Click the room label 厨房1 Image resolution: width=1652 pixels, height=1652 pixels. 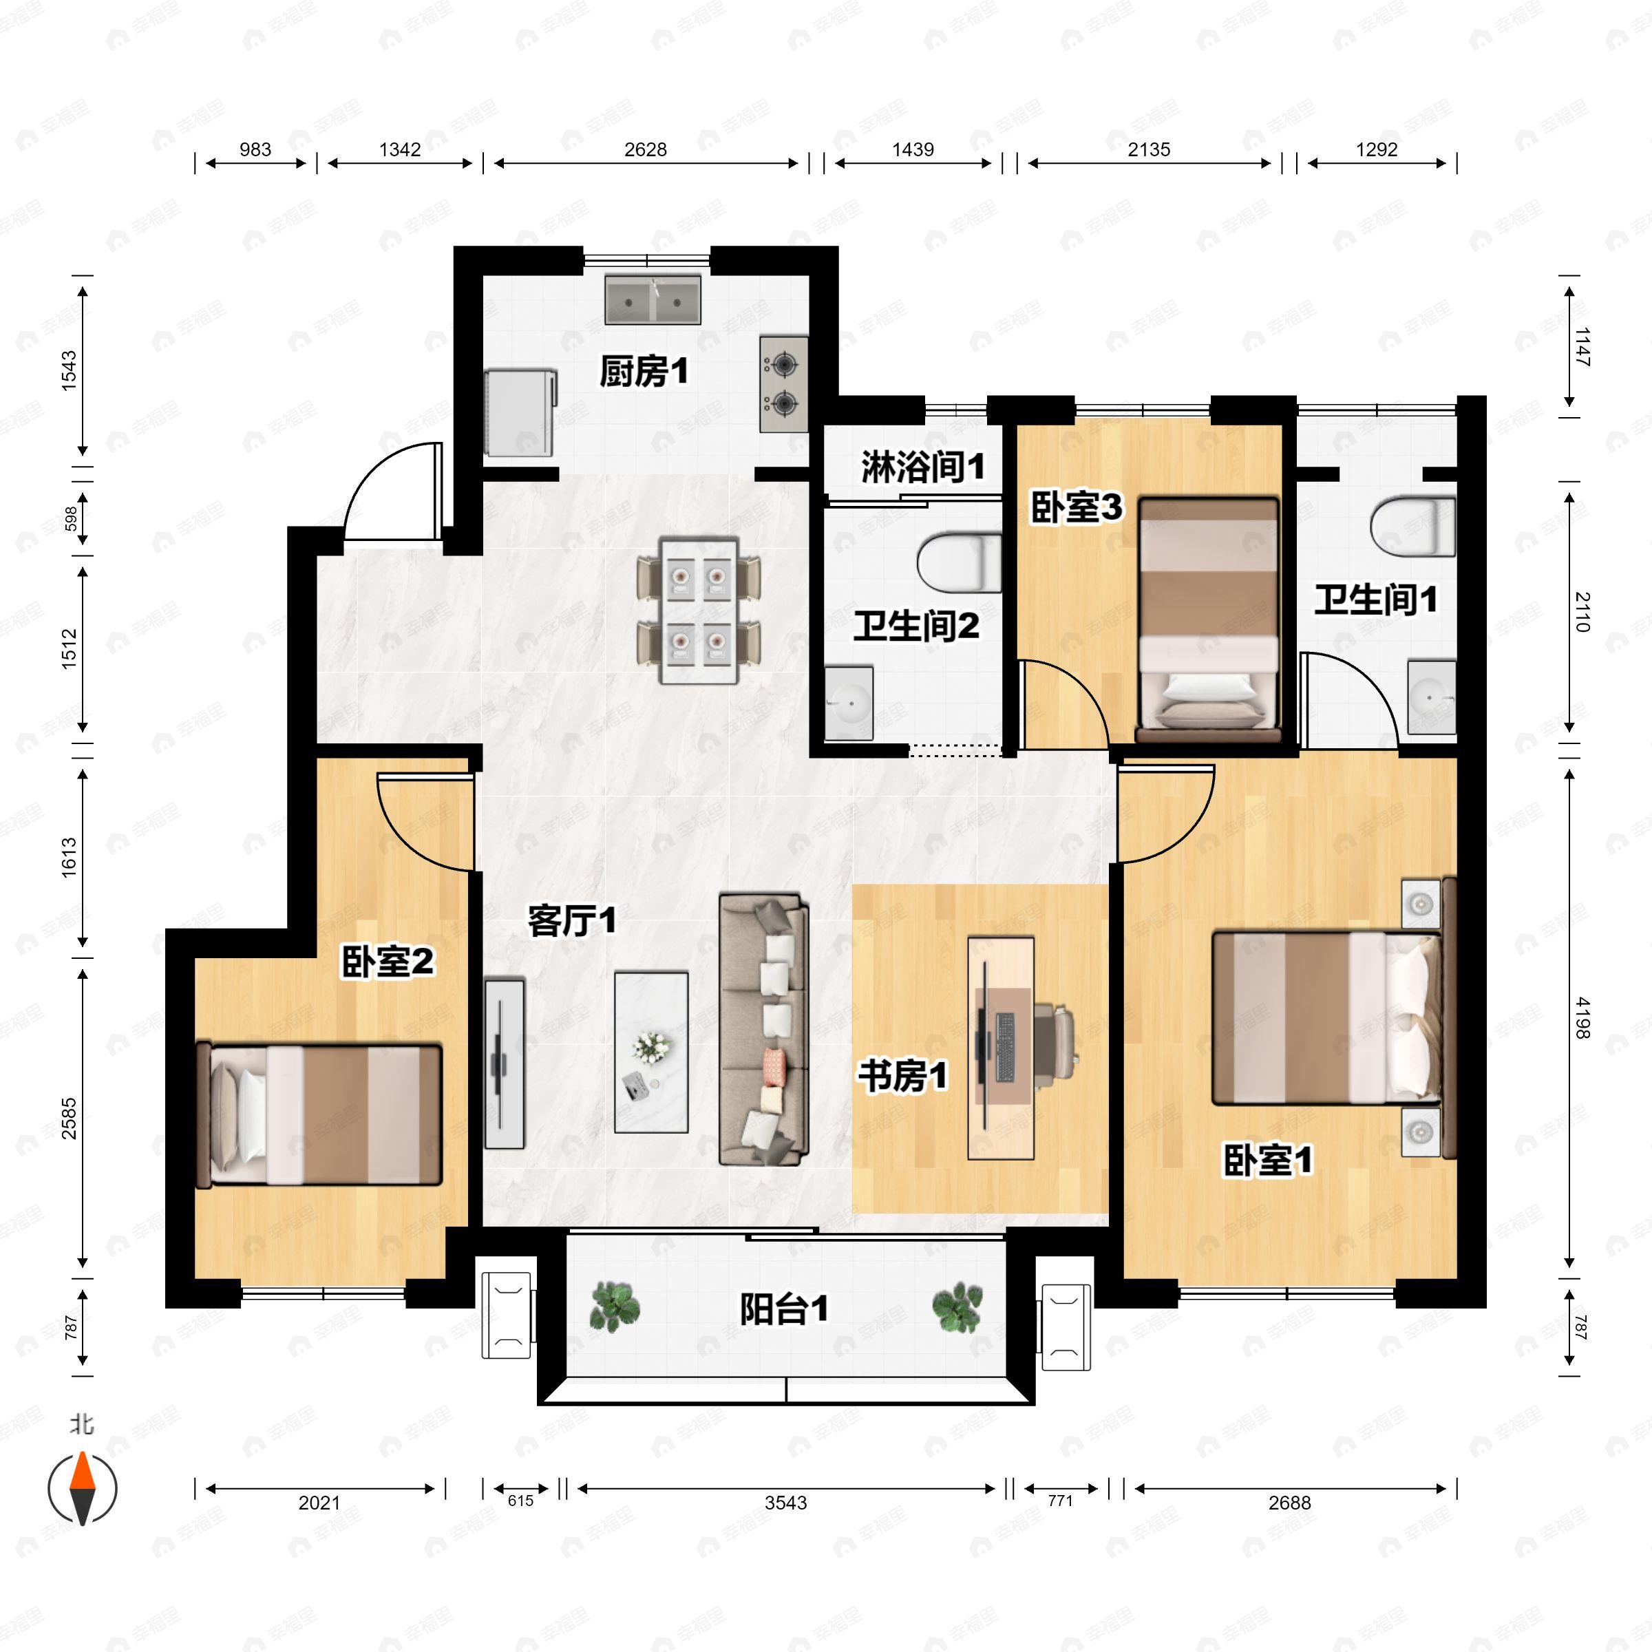coord(643,372)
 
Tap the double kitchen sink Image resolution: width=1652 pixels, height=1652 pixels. coord(653,299)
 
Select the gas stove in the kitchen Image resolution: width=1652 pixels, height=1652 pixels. coord(784,384)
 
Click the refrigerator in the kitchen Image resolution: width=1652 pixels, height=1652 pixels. coord(521,412)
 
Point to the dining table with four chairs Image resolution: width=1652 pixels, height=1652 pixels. coord(699,610)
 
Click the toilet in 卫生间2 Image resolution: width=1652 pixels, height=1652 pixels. coord(960,562)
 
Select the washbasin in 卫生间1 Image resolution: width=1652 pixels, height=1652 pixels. coord(1432,697)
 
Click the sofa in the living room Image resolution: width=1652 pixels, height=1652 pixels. coord(763,1030)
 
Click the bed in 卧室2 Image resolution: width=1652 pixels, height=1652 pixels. coord(318,1114)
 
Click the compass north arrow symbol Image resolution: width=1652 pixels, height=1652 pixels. coord(82,1489)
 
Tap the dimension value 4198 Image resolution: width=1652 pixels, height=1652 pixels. coord(1581,1017)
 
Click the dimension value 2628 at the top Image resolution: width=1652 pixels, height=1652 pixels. coord(645,149)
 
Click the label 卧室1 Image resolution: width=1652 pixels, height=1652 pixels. coord(1267,1161)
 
